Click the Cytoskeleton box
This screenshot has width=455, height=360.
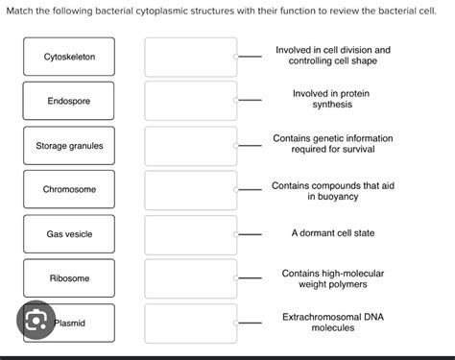[69, 58]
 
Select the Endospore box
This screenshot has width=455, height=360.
[69, 101]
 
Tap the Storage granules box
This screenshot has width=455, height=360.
[69, 146]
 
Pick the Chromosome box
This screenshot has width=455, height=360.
[69, 189]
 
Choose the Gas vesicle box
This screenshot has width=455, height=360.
[69, 234]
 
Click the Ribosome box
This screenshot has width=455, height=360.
[69, 278]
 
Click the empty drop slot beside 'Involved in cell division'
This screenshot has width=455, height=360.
[190, 57]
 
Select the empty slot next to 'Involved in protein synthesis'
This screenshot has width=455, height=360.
[190, 100]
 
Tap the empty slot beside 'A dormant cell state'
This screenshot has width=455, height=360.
[190, 233]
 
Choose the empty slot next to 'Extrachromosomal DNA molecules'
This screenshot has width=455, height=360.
[190, 322]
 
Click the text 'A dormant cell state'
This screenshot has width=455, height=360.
[332, 233]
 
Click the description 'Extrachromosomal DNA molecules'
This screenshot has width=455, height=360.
[332, 322]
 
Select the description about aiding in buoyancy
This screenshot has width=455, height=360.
[332, 189]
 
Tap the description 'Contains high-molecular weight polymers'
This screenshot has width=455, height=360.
[332, 278]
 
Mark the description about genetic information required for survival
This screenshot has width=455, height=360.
[332, 144]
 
